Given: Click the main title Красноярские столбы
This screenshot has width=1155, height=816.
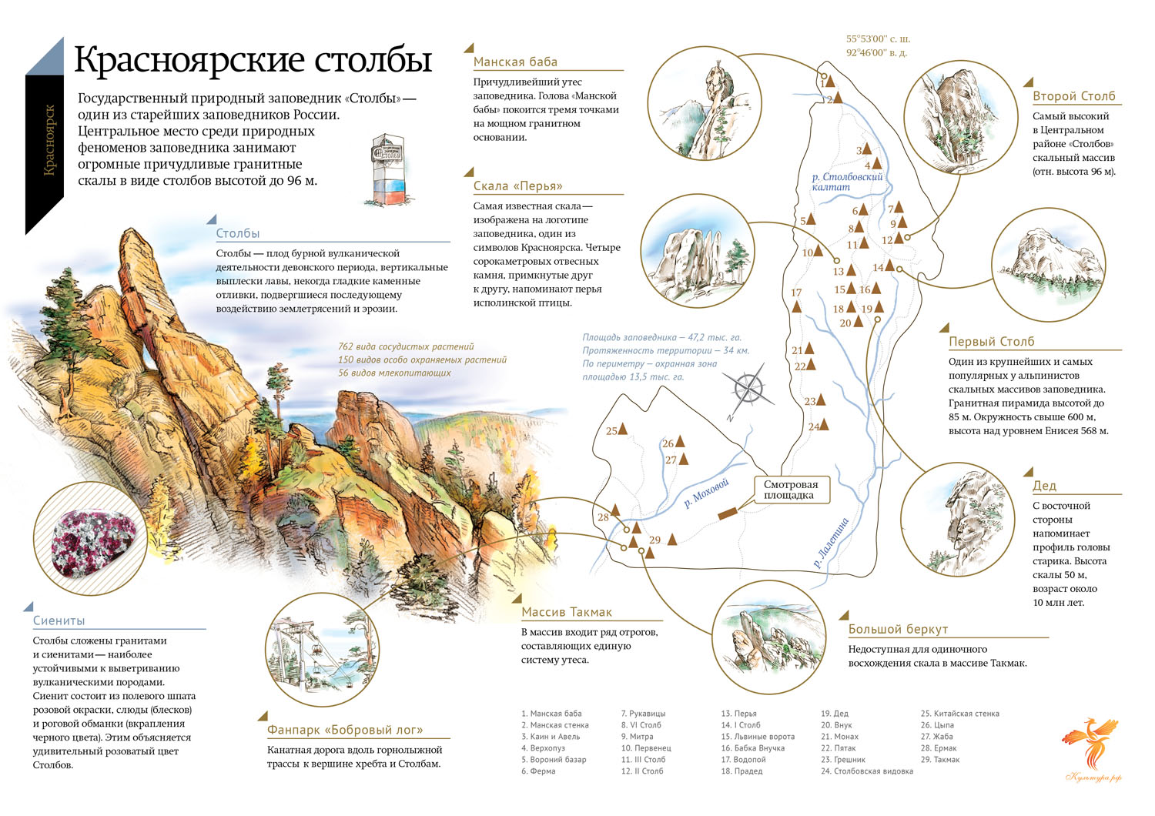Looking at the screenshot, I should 253,60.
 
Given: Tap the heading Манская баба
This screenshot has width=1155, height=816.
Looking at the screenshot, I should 515,62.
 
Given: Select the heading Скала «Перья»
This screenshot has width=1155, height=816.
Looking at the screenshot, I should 518,186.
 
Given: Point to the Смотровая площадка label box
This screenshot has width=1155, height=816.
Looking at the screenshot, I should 790,490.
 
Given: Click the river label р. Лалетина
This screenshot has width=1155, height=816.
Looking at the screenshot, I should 831,543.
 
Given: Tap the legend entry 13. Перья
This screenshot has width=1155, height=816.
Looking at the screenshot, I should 738,714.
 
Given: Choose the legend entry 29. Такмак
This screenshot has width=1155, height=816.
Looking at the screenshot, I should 940,760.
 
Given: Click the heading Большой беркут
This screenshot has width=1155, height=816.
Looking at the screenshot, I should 898,629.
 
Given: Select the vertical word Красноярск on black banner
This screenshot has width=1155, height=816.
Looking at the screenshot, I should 50,141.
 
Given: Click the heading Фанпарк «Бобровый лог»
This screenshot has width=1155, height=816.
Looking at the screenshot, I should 345,730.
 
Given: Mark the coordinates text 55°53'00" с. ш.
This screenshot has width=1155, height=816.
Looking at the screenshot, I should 878,38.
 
